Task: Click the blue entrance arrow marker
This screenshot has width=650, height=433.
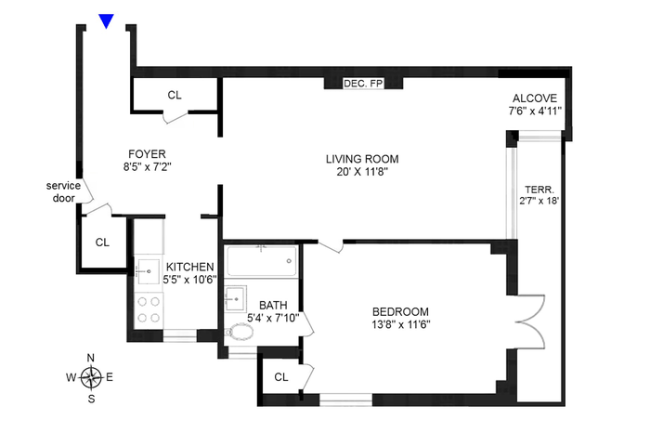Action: tap(106, 20)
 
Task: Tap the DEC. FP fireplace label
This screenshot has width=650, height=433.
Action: tap(363, 84)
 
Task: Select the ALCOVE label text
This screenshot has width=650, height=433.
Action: tap(535, 98)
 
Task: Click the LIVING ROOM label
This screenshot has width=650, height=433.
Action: tap(362, 159)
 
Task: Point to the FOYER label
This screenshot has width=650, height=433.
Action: tap(147, 154)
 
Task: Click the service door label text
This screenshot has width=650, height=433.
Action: tap(63, 191)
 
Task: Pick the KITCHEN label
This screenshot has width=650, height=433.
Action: tap(189, 267)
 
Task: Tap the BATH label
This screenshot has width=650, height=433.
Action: tap(273, 306)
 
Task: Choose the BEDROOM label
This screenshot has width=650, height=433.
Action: tap(400, 311)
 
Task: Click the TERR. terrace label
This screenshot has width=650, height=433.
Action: tap(539, 190)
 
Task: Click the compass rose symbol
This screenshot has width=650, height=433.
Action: tap(91, 378)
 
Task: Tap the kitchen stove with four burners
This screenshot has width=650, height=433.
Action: tap(149, 309)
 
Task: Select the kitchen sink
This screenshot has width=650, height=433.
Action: tap(148, 272)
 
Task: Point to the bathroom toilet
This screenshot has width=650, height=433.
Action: tap(240, 332)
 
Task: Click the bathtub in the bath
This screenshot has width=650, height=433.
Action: tap(262, 261)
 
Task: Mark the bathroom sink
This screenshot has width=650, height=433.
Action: tap(236, 297)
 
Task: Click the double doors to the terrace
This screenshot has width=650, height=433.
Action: tap(531, 321)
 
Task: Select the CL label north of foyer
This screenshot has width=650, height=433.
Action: tap(175, 95)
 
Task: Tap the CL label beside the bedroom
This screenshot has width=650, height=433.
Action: tap(281, 377)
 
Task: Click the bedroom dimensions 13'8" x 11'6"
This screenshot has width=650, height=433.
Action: tap(401, 324)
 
